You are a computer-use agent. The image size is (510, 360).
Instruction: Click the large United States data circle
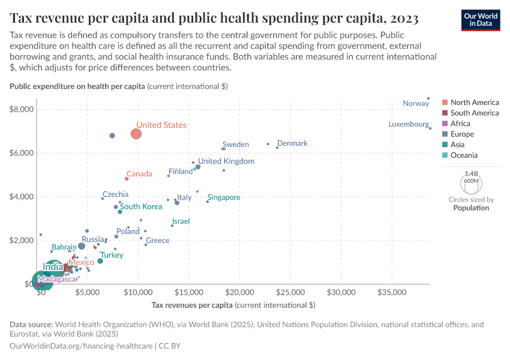coord(136,133)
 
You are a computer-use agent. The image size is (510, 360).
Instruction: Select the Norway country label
coord(416,103)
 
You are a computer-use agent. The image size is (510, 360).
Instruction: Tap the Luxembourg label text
coord(409,124)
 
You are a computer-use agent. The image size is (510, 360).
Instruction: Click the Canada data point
coord(127,178)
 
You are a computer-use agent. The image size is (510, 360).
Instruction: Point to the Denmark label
coord(292,143)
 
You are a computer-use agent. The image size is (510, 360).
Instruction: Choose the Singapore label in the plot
coord(224,197)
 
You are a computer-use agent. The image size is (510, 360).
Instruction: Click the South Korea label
coord(142,206)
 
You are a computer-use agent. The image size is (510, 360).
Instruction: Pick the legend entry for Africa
coord(462,124)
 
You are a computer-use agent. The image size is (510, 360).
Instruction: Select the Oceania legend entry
coord(466,155)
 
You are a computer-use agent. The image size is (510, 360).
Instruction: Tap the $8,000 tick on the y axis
coord(22,109)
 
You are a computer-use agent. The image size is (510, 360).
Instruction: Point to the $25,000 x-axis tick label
coord(291,292)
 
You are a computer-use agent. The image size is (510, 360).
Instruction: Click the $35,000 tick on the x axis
coord(392,292)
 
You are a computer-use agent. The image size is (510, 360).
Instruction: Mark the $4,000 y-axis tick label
coord(22,197)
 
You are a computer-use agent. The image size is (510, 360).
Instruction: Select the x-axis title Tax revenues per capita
coord(233,305)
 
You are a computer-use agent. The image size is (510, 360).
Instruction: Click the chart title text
coord(214,18)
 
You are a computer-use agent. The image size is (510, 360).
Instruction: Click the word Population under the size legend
coord(471,208)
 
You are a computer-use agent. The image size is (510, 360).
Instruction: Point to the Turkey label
coord(112,255)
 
